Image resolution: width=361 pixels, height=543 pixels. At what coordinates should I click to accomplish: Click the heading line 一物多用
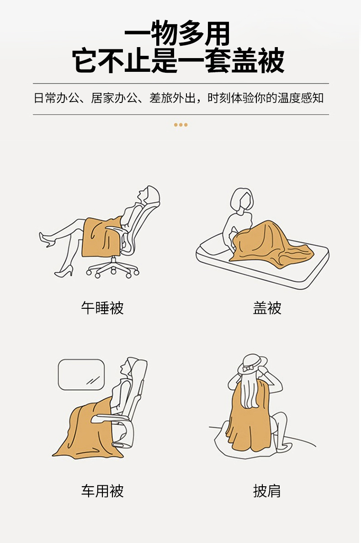point(177,33)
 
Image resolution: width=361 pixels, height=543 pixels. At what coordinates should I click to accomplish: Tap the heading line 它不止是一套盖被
point(178,61)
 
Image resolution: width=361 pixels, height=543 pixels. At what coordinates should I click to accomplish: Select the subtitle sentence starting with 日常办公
point(179,98)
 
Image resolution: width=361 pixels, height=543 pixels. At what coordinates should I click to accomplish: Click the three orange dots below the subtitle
point(180,125)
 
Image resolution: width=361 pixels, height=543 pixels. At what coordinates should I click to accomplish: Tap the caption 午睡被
point(102,308)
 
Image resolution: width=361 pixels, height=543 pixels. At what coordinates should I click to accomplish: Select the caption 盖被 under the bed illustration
point(267,308)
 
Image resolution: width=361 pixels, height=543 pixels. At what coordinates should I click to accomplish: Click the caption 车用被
point(102,491)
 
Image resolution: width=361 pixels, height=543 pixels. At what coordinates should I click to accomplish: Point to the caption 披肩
point(267,491)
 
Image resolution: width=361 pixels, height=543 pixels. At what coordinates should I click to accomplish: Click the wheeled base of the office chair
point(113,269)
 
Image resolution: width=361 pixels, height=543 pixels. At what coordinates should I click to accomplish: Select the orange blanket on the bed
point(270,244)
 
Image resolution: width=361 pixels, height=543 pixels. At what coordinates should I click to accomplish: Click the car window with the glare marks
point(81,375)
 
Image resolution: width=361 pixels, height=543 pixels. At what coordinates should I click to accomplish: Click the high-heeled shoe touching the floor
point(64,271)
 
